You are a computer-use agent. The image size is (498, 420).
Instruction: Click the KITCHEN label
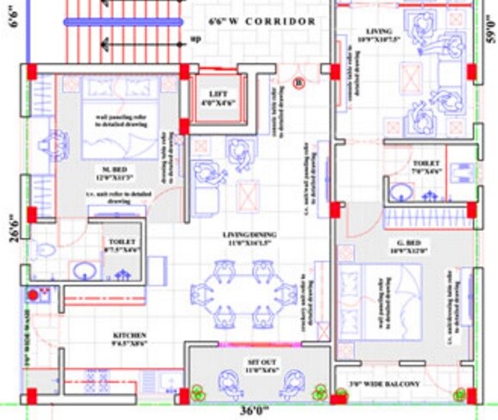click(x=129, y=335)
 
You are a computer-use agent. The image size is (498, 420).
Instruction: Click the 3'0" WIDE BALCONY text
click(x=386, y=383)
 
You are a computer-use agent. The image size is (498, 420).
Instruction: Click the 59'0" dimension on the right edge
click(x=490, y=34)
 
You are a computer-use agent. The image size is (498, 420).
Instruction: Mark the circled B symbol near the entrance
click(x=299, y=83)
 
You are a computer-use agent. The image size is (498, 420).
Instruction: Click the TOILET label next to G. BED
click(x=426, y=163)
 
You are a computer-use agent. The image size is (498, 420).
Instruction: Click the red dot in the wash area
click(x=34, y=295)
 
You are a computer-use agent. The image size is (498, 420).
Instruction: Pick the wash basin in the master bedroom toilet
click(x=85, y=271)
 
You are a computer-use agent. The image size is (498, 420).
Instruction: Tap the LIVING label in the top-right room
click(x=375, y=31)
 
